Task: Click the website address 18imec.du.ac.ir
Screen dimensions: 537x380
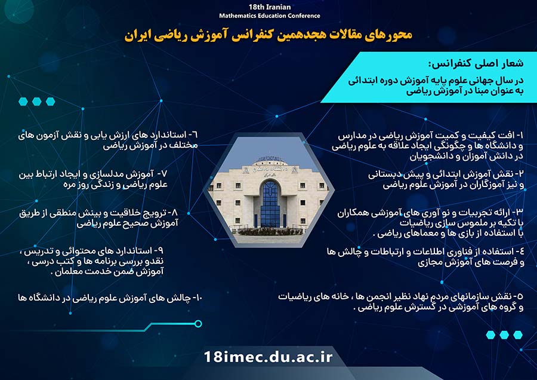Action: [268, 357]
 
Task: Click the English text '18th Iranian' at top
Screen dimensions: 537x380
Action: [270, 7]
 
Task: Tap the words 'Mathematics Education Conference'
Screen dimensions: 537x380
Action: [270, 16]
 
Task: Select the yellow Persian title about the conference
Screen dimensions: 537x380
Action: [268, 35]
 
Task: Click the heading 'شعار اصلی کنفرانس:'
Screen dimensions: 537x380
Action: [476, 63]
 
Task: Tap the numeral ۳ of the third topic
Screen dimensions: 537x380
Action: [520, 212]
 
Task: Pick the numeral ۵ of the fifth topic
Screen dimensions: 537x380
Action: [521, 296]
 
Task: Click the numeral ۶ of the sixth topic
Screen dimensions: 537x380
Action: [195, 135]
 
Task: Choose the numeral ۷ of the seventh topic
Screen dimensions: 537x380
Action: [165, 173]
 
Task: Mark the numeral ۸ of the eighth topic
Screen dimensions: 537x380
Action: [175, 213]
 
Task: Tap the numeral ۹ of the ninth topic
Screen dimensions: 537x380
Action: [161, 251]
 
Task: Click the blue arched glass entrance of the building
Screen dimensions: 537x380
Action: [270, 204]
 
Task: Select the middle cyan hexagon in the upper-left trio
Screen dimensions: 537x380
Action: [36, 102]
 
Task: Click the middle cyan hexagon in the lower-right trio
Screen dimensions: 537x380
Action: [504, 335]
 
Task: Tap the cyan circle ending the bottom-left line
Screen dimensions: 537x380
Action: [198, 324]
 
